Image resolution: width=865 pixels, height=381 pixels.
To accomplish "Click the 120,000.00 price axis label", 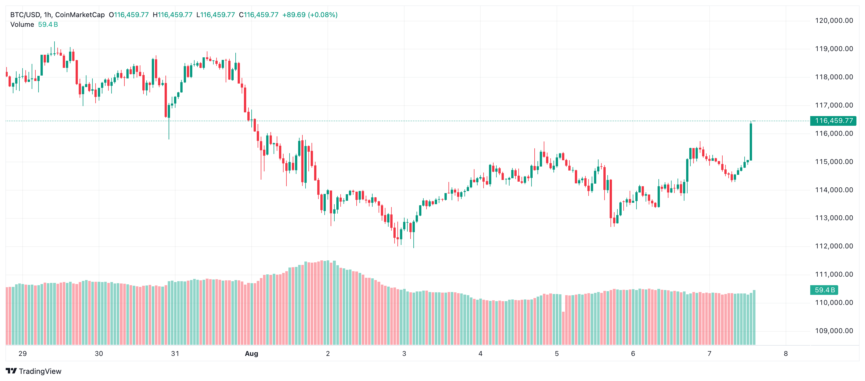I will (x=834, y=21).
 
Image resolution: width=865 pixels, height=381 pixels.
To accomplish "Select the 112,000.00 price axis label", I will (x=834, y=246).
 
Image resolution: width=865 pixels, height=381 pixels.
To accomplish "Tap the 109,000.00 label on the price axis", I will (x=834, y=331).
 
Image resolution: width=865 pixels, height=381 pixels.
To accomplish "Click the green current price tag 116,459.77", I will (x=833, y=121).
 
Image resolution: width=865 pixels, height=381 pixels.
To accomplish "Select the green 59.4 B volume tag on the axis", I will (x=824, y=290).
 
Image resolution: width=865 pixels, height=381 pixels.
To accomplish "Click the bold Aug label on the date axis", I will (x=252, y=353).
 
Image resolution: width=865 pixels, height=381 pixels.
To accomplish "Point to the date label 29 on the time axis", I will (x=23, y=353).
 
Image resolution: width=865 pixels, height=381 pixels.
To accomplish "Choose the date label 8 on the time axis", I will (x=785, y=353).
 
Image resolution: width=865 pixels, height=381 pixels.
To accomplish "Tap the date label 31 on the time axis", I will (x=175, y=353).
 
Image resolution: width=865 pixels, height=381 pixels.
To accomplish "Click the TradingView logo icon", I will (x=11, y=371).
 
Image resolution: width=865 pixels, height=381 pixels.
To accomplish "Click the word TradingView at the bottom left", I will (x=40, y=371).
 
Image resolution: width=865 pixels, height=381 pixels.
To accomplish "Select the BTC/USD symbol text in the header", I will (x=25, y=15).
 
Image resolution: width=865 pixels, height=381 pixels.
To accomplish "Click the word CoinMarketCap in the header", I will (x=80, y=15).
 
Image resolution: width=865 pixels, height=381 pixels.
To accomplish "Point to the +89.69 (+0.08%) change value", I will (x=310, y=15).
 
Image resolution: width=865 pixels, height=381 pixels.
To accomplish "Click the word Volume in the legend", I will (x=22, y=25).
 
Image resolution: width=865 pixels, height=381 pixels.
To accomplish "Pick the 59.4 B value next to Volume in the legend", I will (x=48, y=25).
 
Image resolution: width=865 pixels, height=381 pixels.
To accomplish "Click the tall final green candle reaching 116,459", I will (x=751, y=142).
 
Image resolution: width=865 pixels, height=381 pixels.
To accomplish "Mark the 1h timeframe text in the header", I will (x=47, y=15).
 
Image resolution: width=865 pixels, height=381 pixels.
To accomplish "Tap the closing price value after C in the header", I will (x=261, y=15).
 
